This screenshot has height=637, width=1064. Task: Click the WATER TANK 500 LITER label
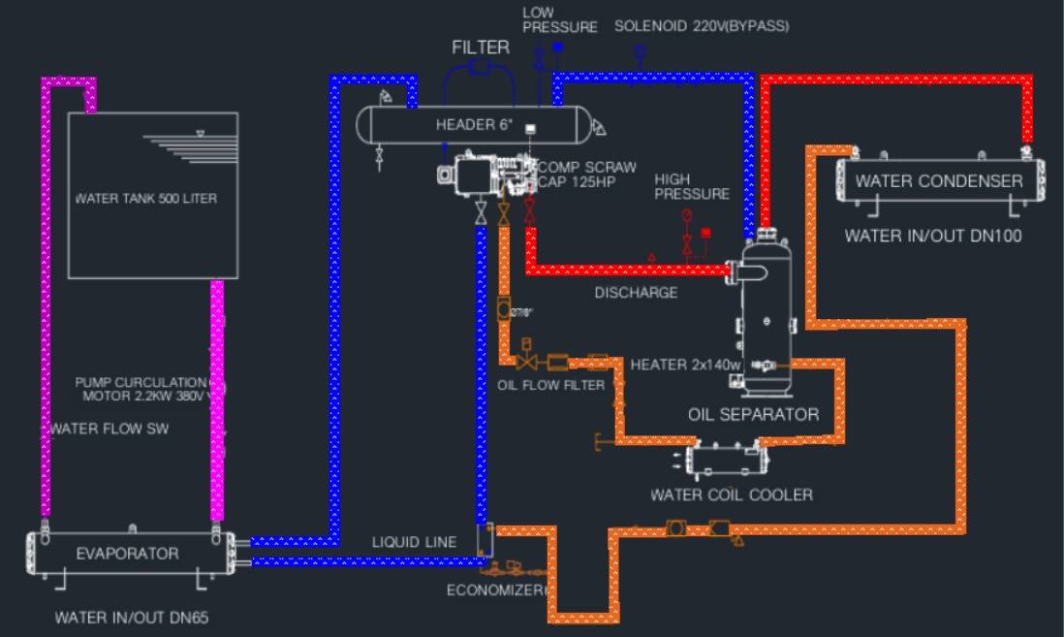146,199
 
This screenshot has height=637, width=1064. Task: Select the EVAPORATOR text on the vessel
127,554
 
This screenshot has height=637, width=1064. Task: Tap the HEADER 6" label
474,124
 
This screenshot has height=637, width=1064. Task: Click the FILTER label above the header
481,48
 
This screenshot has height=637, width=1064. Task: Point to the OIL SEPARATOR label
753,415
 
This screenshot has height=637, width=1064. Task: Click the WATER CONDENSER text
938,181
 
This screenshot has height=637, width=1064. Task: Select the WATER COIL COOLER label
731,495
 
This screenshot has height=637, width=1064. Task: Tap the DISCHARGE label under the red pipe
636,293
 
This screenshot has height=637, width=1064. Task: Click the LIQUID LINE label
414,542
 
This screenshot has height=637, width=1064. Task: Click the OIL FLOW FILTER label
550,386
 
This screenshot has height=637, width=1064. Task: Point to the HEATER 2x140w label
685,366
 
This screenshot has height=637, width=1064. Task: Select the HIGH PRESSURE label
692,187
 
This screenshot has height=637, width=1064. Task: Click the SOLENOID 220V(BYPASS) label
702,26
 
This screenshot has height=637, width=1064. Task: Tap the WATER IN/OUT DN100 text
933,236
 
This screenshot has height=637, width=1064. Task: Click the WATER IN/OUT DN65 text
132,617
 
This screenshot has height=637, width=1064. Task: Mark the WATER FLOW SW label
110,429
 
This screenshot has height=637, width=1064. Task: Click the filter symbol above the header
479,67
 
